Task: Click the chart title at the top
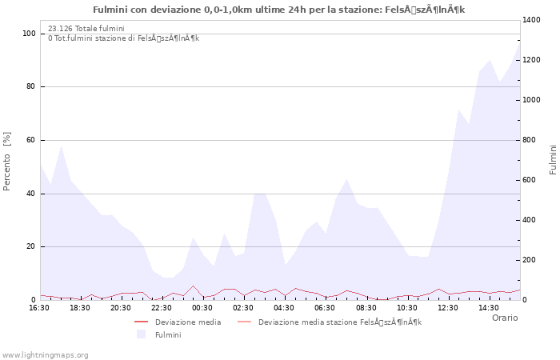coord(278,10)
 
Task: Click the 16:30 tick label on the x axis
coord(40,308)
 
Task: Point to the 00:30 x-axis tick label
coord(202,308)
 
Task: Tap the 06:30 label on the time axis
coord(325,308)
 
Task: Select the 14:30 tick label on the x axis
coord(488,308)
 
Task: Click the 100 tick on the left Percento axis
coord(29,34)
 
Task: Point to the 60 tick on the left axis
coord(31,140)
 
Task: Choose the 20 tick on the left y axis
coord(31,246)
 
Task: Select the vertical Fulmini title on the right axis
coord(553,160)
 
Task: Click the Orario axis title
coord(504,318)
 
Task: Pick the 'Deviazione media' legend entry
coord(188,322)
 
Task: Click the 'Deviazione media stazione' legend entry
coord(339,322)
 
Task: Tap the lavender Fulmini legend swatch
coord(142,334)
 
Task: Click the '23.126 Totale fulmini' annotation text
coord(86,29)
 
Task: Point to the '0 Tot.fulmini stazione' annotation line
coord(123,38)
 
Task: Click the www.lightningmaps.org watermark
coord(45,354)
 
